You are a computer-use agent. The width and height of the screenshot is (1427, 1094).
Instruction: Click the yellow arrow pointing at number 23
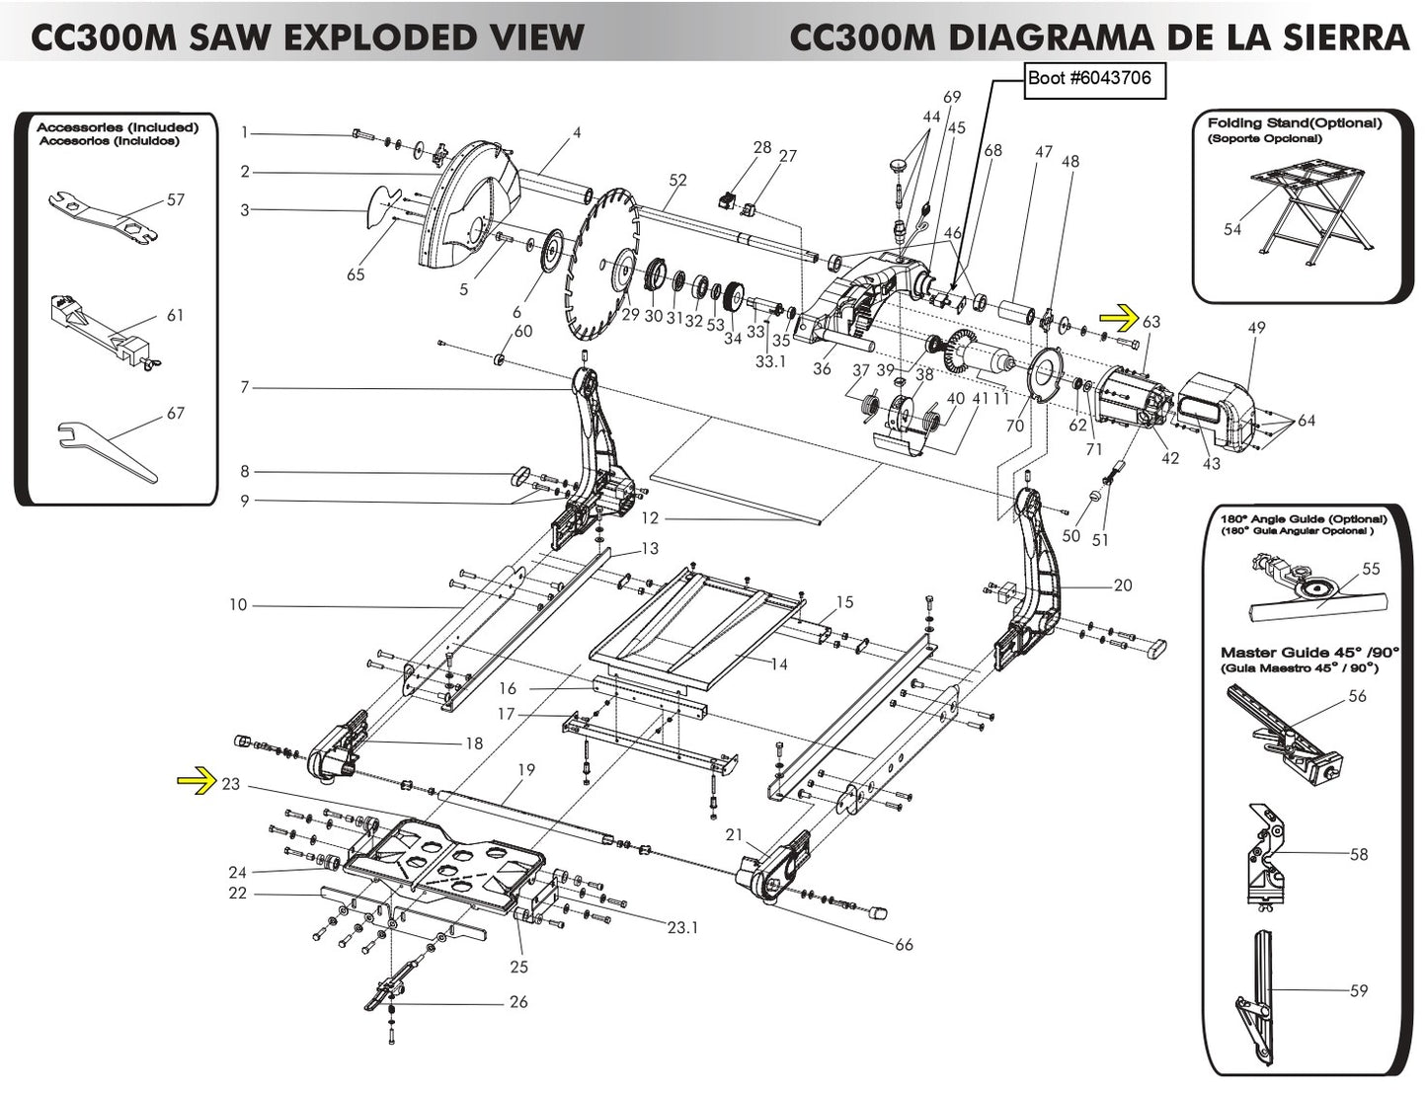196,783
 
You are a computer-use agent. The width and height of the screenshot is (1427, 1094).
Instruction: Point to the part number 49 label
1256,328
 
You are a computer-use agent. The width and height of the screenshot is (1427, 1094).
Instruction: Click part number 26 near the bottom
518,1002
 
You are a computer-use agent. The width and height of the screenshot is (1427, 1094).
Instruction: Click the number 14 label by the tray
778,664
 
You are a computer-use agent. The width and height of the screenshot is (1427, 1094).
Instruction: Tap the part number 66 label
904,945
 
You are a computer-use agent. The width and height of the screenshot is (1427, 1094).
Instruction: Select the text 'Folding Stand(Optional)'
1294,123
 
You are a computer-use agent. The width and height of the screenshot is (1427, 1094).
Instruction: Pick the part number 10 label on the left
238,604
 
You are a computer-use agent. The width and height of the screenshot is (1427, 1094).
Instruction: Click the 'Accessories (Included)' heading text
118,127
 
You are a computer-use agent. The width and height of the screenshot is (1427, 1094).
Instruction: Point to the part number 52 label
677,180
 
